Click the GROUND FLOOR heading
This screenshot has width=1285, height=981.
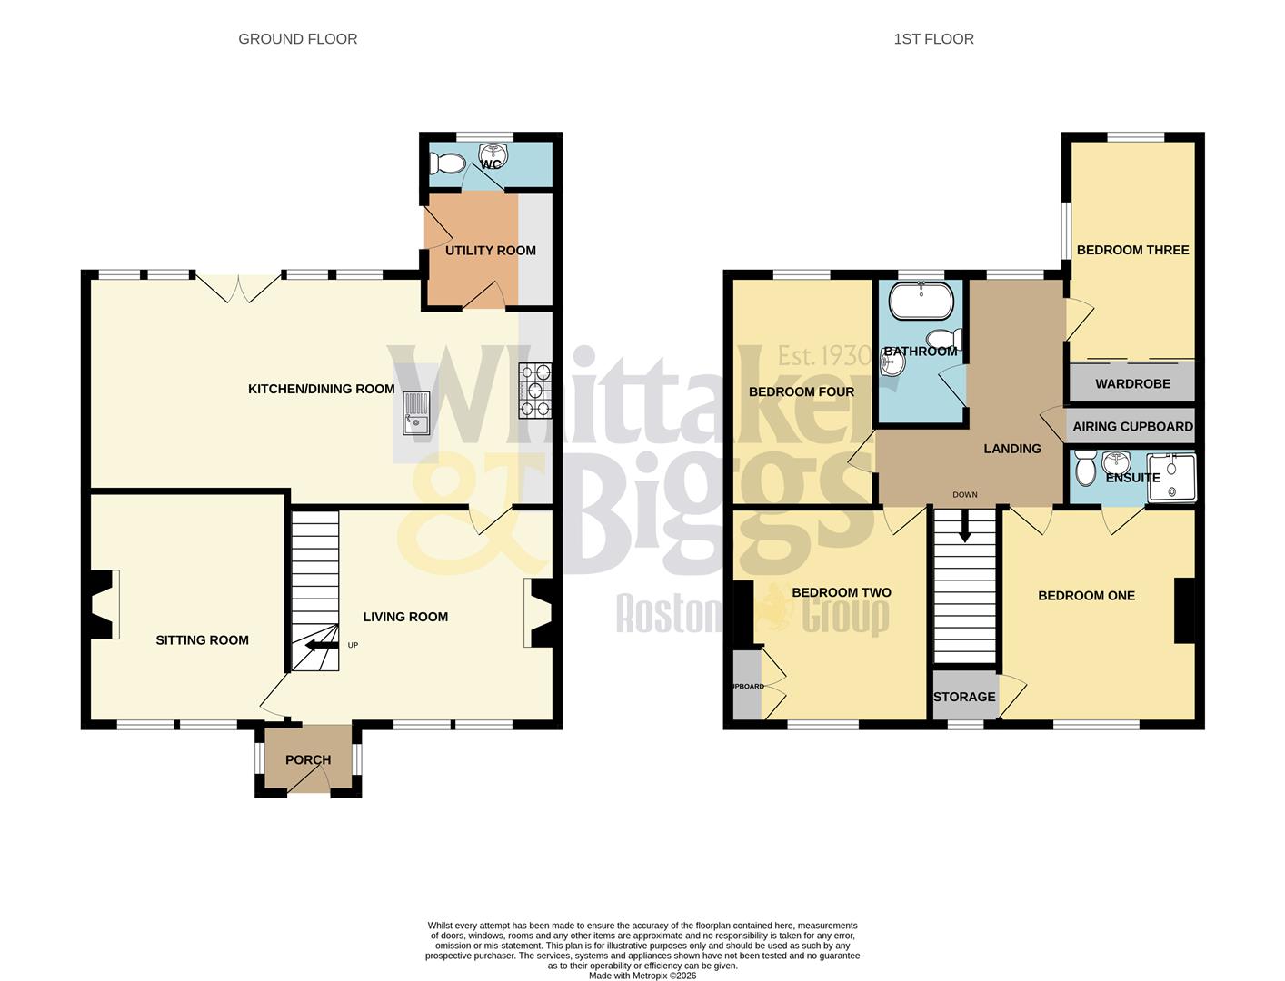[297, 39]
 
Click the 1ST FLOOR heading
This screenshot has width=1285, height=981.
[933, 39]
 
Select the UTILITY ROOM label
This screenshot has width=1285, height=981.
[490, 251]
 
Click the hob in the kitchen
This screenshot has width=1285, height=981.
[535, 391]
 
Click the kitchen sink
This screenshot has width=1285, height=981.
[416, 413]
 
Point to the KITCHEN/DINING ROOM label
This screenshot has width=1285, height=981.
[321, 389]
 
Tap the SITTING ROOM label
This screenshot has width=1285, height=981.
[202, 640]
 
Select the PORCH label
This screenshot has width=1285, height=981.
[308, 760]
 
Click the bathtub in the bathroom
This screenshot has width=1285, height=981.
[921, 302]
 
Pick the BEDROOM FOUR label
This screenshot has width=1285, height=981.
[801, 392]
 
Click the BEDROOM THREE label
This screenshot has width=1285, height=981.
[1132, 250]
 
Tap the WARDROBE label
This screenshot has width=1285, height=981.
[1132, 384]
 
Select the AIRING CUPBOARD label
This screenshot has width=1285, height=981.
[1132, 427]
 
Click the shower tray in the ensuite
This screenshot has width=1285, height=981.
[1171, 478]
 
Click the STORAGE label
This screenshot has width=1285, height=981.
[964, 697]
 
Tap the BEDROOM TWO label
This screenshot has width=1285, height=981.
[841, 593]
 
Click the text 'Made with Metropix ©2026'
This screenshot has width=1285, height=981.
[642, 976]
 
